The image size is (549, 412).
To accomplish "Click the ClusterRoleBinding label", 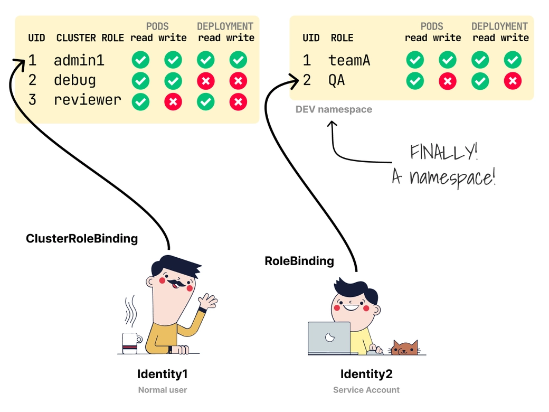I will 82,239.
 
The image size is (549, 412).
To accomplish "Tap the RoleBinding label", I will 299,261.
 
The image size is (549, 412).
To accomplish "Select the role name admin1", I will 79,60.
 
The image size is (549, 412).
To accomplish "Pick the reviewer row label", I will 88,100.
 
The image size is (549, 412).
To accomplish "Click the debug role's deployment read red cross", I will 206,81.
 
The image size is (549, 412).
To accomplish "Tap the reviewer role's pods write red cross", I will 173,101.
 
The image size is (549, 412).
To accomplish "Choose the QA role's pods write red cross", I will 448,81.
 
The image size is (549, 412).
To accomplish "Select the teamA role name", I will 349,60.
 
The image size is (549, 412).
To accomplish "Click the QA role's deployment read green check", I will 480,81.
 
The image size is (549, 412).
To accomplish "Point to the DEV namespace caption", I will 334,110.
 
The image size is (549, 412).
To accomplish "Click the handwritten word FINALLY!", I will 444,153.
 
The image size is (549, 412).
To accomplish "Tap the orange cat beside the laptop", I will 404,348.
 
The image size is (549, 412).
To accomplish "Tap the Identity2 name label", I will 366,374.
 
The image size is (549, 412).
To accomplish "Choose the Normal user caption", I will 163,390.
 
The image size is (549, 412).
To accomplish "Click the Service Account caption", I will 366,390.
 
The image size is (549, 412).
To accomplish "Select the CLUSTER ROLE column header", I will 90,38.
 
